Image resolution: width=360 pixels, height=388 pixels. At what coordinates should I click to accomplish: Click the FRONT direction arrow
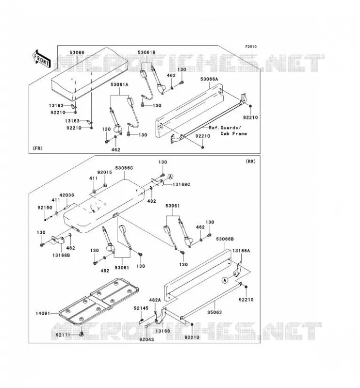(42, 59)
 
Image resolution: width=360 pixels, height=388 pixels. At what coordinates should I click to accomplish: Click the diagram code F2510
(251, 47)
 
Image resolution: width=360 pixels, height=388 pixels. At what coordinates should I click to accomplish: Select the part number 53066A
(209, 79)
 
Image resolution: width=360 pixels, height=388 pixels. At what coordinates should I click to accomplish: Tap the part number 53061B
(147, 52)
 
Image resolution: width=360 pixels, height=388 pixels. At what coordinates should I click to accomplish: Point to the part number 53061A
(119, 84)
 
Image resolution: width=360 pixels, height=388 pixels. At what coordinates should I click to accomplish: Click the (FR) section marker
(37, 148)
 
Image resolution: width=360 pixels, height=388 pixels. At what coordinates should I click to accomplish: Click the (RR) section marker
(250, 162)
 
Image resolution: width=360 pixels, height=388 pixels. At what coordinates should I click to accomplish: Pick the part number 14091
(43, 313)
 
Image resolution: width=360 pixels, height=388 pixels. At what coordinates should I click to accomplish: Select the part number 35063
(214, 312)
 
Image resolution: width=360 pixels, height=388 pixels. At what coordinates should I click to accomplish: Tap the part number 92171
(63, 335)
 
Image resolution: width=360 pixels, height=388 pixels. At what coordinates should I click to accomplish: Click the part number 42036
(66, 195)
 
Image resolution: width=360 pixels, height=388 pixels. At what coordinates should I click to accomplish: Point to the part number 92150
(45, 208)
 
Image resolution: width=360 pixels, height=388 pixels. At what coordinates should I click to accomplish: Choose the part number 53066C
(124, 168)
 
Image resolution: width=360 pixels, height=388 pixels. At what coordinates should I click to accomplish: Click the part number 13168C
(181, 185)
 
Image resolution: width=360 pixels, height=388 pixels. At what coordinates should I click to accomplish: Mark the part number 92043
(147, 339)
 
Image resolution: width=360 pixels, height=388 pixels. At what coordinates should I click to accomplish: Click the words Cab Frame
(234, 134)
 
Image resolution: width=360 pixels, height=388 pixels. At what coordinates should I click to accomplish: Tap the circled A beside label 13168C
(170, 177)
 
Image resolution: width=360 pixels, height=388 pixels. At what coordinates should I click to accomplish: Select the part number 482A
(155, 300)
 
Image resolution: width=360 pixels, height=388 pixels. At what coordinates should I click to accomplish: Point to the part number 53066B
(225, 239)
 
